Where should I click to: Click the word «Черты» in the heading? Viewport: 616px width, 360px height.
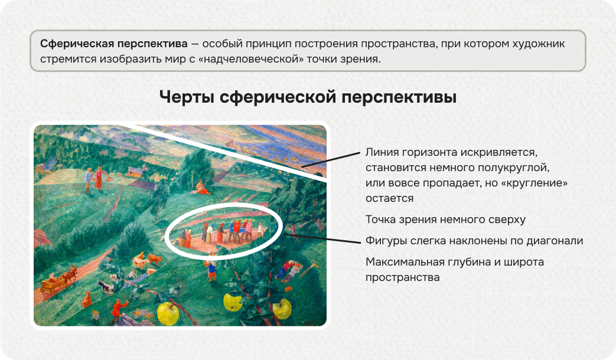pos(187,97)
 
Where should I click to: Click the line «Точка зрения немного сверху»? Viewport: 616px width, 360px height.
pos(445,220)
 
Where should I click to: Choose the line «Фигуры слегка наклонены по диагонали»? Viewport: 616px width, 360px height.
pos(474,241)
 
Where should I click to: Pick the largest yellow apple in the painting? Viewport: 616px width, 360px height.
pos(168,313)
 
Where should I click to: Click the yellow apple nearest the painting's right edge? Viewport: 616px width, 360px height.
pos(282,307)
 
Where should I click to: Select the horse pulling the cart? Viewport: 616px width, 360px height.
pos(70,274)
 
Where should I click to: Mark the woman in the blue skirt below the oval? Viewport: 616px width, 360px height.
pos(211,270)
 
